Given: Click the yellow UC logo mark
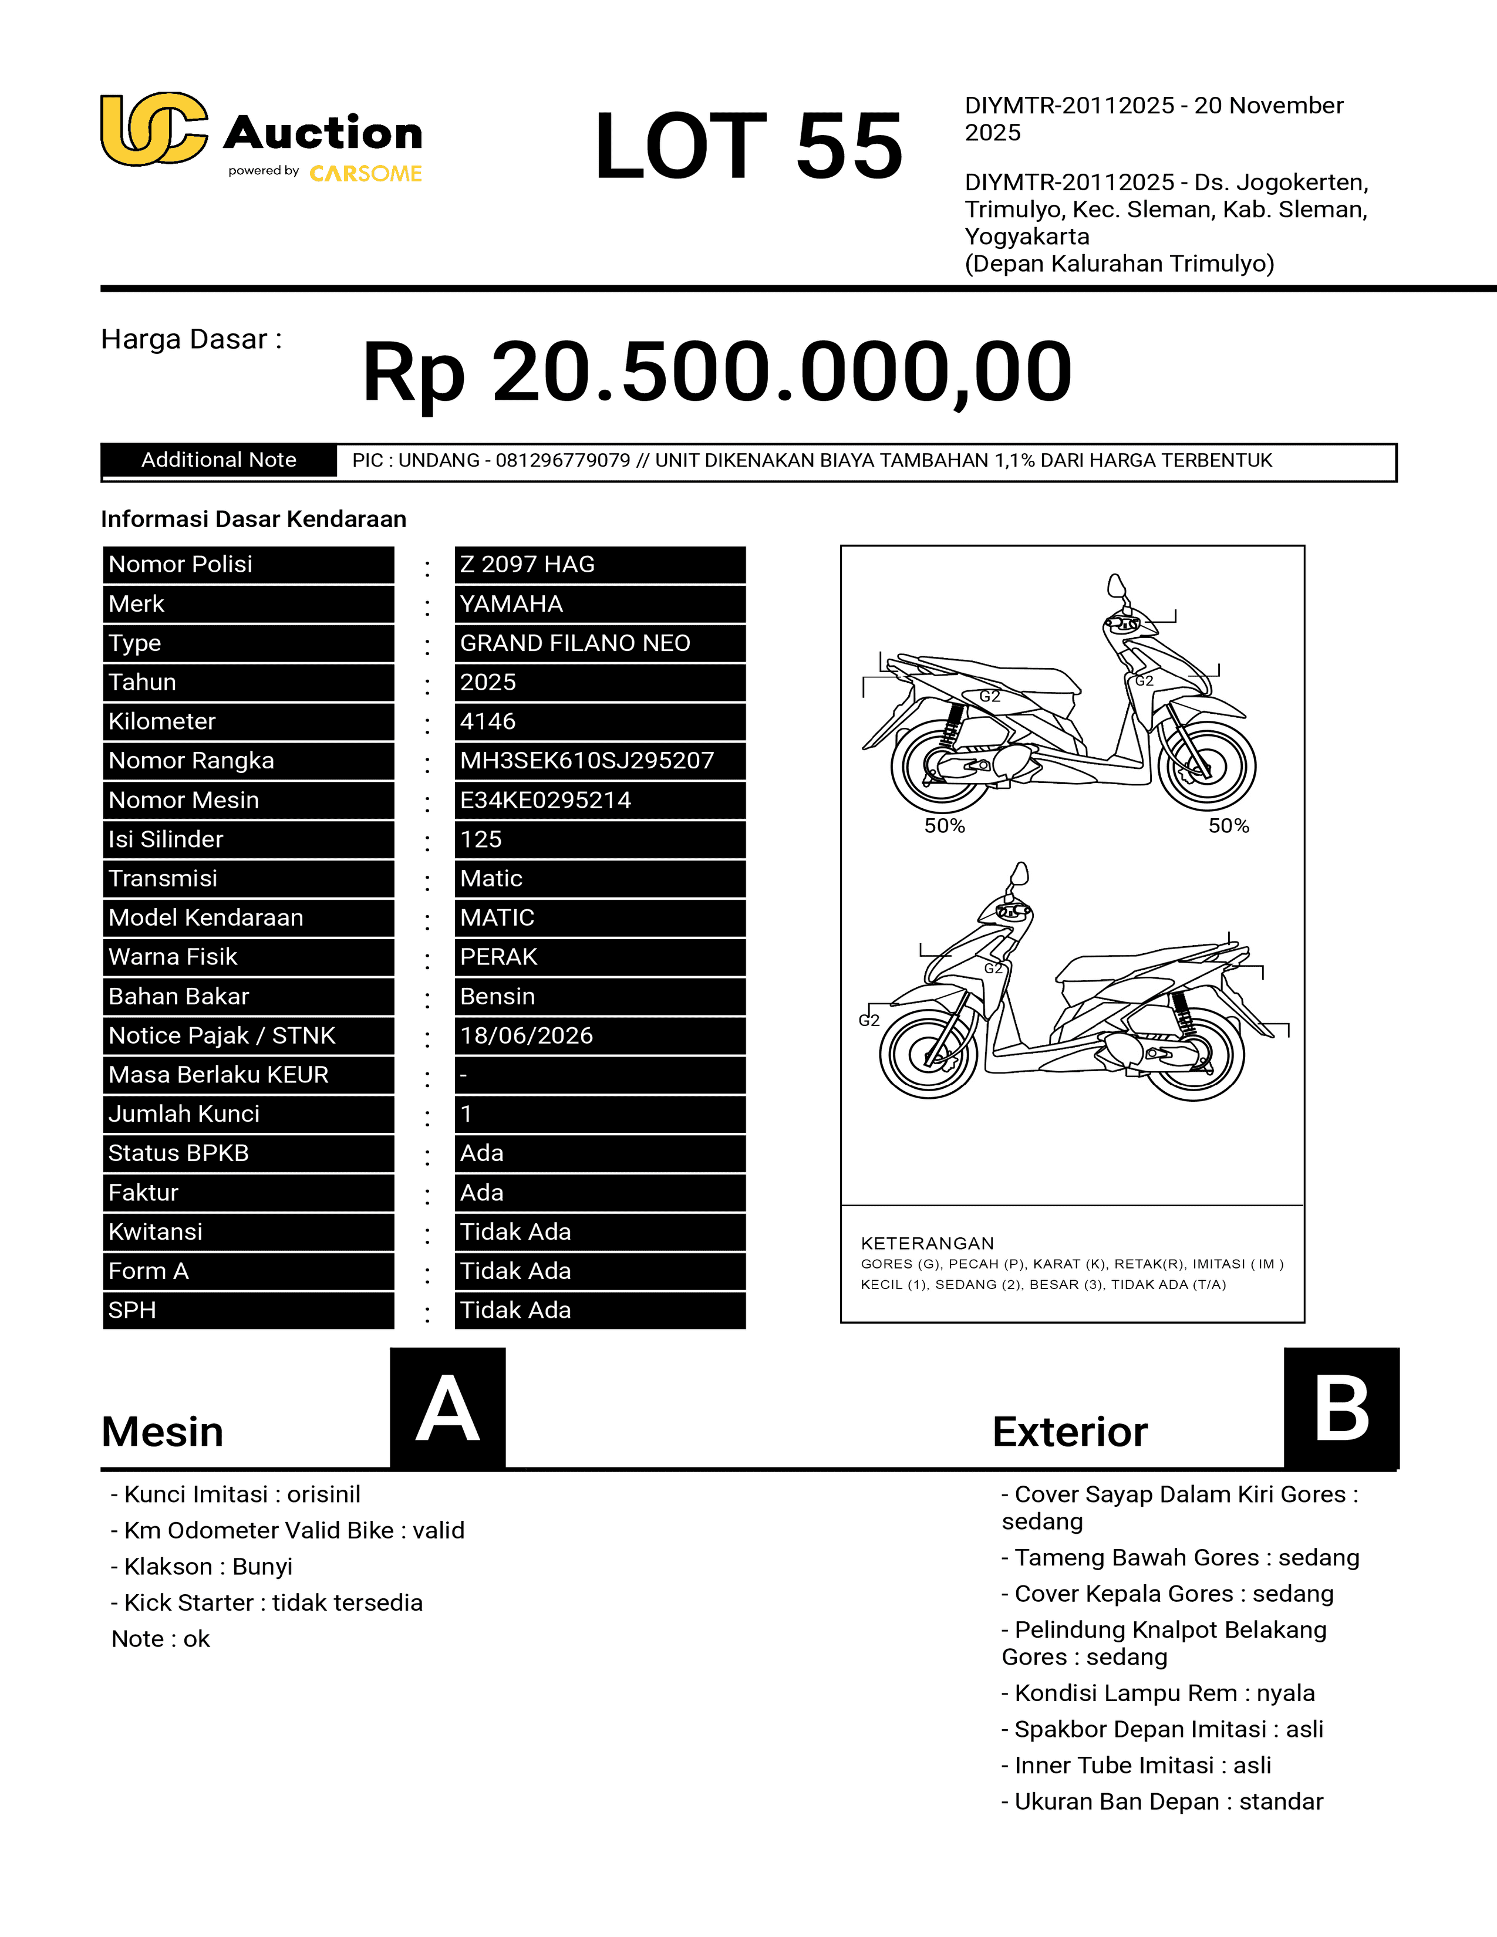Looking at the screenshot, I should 153,130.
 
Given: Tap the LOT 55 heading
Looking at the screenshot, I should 747,146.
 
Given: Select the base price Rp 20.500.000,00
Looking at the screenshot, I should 717,372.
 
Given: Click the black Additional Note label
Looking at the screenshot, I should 218,460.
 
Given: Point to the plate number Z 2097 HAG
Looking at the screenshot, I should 528,565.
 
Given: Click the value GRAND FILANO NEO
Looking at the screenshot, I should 575,643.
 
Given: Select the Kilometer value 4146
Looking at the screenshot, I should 488,722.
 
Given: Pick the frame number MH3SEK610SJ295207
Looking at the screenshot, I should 586,761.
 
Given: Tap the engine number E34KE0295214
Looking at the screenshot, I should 545,800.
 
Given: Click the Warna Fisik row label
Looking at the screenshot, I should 173,957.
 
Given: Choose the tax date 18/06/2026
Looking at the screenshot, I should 527,1036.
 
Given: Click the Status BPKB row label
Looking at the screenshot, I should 178,1153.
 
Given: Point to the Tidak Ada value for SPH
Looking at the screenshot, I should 515,1310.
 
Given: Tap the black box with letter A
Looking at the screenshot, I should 448,1408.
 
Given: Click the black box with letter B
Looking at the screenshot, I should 1341,1408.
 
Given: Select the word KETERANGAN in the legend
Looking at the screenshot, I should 928,1243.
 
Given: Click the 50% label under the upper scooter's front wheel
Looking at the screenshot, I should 1228,826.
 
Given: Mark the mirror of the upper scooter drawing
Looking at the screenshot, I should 1115,586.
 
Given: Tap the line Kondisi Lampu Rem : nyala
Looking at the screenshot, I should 1157,1693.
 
